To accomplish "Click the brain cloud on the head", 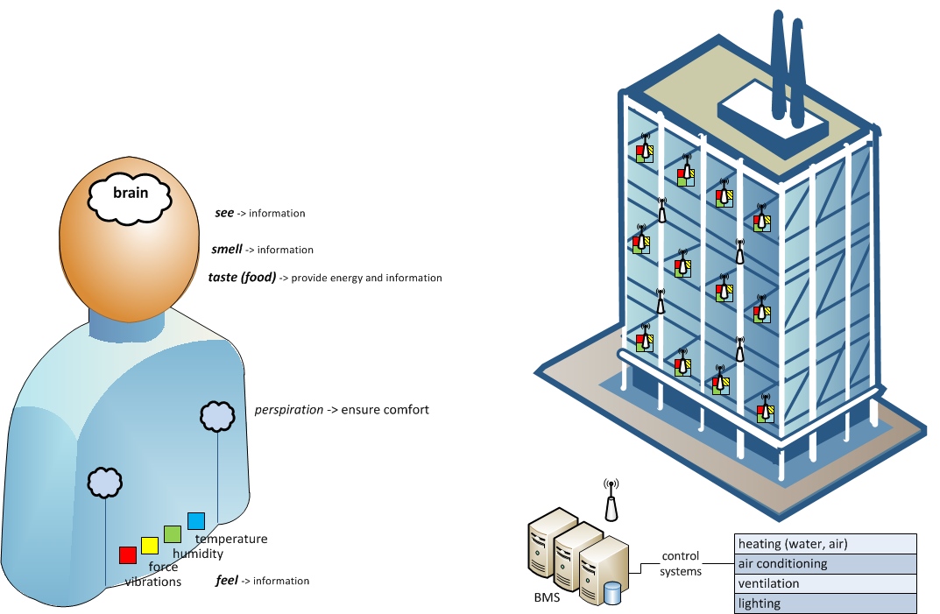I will click(x=130, y=197).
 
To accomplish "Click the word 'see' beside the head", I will click(x=224, y=213).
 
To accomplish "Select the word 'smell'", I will click(x=227, y=250).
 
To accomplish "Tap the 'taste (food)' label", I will click(x=243, y=278).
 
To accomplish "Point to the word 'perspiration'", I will click(x=288, y=409).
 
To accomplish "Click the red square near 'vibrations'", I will click(x=128, y=554).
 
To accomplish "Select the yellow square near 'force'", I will click(x=150, y=545).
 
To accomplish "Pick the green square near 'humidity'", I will click(x=172, y=533).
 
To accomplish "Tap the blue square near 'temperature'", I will click(x=194, y=519).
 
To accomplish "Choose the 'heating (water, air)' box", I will click(x=825, y=543).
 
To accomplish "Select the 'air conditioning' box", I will click(x=825, y=563).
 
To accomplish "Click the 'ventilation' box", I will click(x=825, y=583).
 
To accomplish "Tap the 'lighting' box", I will click(x=825, y=603).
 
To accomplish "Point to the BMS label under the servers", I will click(x=546, y=600).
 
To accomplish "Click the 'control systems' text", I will click(x=681, y=563).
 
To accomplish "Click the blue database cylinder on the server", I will click(x=611, y=594).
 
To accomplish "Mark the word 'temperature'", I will click(x=231, y=539).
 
